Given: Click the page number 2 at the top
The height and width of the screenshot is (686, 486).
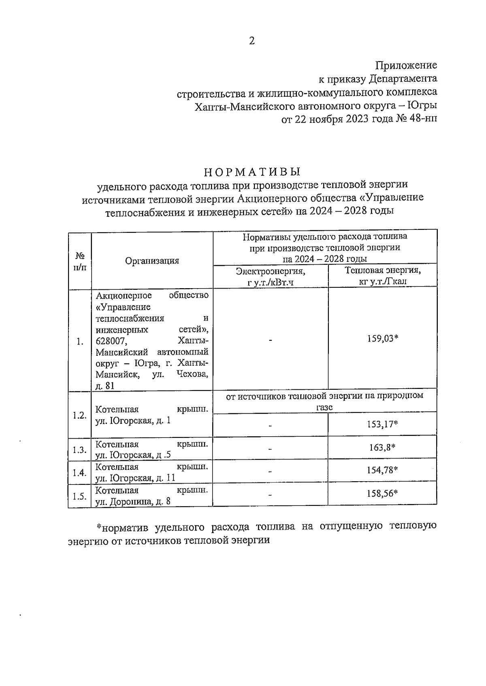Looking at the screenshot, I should pos(252,41).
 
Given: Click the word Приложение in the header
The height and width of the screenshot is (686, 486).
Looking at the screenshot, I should pos(406,65).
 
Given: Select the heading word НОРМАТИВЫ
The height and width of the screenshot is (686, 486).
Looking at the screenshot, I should pos(252,171).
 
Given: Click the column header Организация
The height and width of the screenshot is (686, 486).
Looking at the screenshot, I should pos(152,261).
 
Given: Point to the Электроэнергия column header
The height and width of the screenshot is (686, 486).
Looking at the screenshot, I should pos(271,271).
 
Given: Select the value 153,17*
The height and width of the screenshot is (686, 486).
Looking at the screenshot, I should pos(382,424).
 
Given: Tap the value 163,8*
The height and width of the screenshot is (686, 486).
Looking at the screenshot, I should pos(382,447).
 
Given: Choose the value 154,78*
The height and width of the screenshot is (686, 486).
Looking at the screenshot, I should pos(382,470).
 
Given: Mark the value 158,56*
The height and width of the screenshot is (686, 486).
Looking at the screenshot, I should pos(382,493).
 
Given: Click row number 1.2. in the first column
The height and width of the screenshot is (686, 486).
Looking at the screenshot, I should pos(79,415).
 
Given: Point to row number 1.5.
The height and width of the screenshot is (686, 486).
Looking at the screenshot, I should pos(79,496).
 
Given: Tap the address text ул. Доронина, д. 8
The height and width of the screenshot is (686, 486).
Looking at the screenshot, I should pos(133,502).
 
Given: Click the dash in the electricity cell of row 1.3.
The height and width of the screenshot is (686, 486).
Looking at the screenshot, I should pos(270,449).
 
